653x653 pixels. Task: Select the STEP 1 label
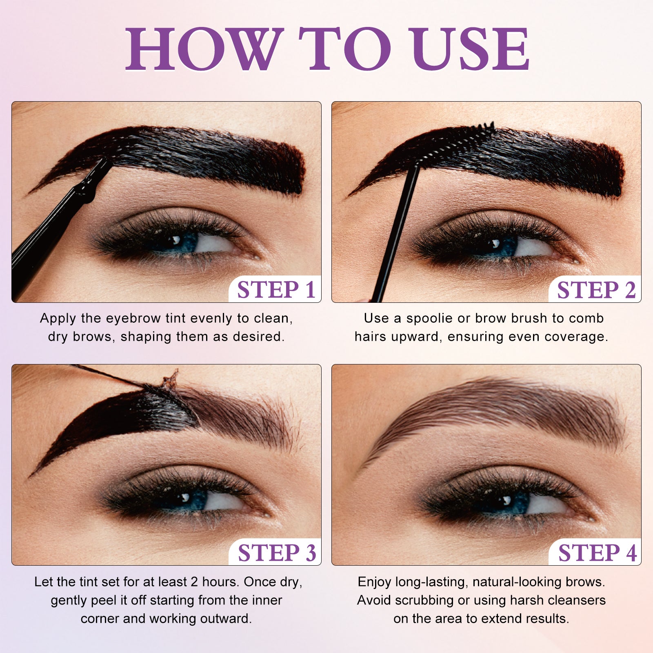coord(276,290)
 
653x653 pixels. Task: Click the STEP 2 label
coord(596,290)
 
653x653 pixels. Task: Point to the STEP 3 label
coord(277,553)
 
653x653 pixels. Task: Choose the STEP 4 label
coord(597,553)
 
